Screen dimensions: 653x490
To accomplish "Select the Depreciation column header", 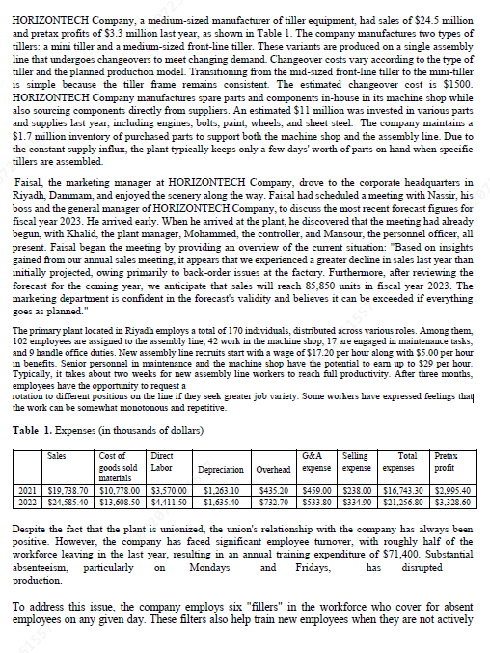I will (x=220, y=470).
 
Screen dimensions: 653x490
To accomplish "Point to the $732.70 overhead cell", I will (x=271, y=502).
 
